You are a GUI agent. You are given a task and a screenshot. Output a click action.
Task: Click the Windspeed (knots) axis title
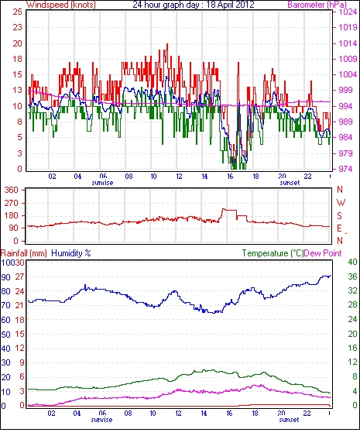pyautogui.click(x=61, y=5)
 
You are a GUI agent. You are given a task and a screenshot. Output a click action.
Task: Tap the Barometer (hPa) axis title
pyautogui.click(x=317, y=5)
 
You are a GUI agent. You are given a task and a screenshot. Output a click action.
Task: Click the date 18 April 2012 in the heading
pyautogui.click(x=230, y=5)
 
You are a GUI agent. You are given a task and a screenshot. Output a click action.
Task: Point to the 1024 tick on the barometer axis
pyautogui.click(x=348, y=12)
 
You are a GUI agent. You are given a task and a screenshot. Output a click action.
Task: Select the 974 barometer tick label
pyautogui.click(x=346, y=169)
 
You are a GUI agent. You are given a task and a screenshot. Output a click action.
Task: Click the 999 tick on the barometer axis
pyautogui.click(x=346, y=90)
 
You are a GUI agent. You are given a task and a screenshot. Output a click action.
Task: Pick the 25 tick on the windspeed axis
pyautogui.click(x=17, y=12)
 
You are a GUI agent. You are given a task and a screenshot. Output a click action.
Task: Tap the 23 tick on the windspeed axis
pyautogui.click(x=17, y=27)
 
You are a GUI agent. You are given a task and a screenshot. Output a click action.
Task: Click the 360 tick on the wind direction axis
pyautogui.click(x=11, y=191)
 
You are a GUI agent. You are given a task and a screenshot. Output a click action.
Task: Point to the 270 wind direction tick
pyautogui.click(x=11, y=203)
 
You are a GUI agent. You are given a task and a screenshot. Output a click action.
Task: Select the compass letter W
pyautogui.click(x=341, y=203)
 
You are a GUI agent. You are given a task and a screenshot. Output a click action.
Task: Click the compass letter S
pyautogui.click(x=339, y=215)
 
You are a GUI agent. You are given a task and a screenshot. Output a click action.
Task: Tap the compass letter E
pyautogui.click(x=339, y=228)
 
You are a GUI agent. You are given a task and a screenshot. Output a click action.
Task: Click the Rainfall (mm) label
pyautogui.click(x=24, y=253)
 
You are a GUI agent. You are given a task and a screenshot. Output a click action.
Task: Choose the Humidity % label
pyautogui.click(x=71, y=253)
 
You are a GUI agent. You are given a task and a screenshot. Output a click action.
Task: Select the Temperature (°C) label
pyautogui.click(x=273, y=253)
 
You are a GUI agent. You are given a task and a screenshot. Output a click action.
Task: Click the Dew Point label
pyautogui.click(x=323, y=253)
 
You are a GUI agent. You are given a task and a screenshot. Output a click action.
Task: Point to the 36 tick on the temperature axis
pyautogui.click(x=352, y=276)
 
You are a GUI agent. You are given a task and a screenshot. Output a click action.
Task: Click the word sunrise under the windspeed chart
pyautogui.click(x=102, y=183)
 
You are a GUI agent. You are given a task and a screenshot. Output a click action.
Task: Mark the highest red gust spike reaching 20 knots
pyautogui.click(x=167, y=44)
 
